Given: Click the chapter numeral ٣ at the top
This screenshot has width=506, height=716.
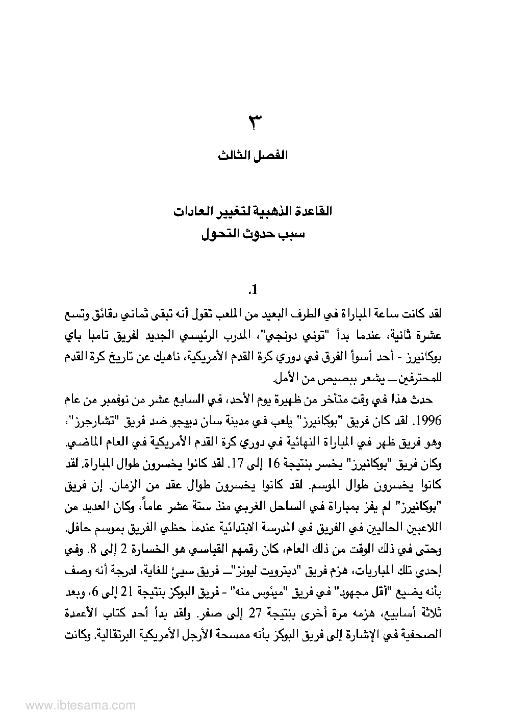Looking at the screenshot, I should click(x=254, y=124).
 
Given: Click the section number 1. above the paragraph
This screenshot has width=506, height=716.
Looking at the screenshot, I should click(x=253, y=291).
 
